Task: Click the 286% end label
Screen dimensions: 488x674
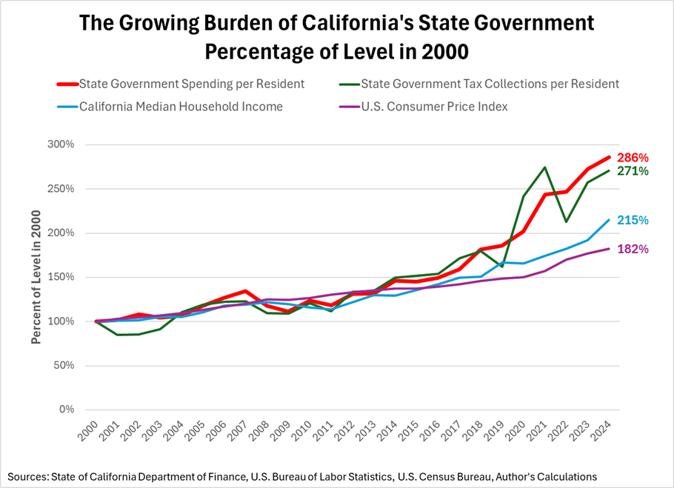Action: point(634,158)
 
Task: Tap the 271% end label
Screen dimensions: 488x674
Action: point(634,171)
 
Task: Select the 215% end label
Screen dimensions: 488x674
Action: point(634,221)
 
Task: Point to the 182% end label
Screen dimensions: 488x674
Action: point(634,250)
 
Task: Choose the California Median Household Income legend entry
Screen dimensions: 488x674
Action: point(181,106)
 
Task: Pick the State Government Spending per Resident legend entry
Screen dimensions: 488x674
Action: point(191,84)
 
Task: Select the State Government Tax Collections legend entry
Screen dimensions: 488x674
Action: point(490,84)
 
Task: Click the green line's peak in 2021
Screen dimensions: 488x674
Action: point(545,167)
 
